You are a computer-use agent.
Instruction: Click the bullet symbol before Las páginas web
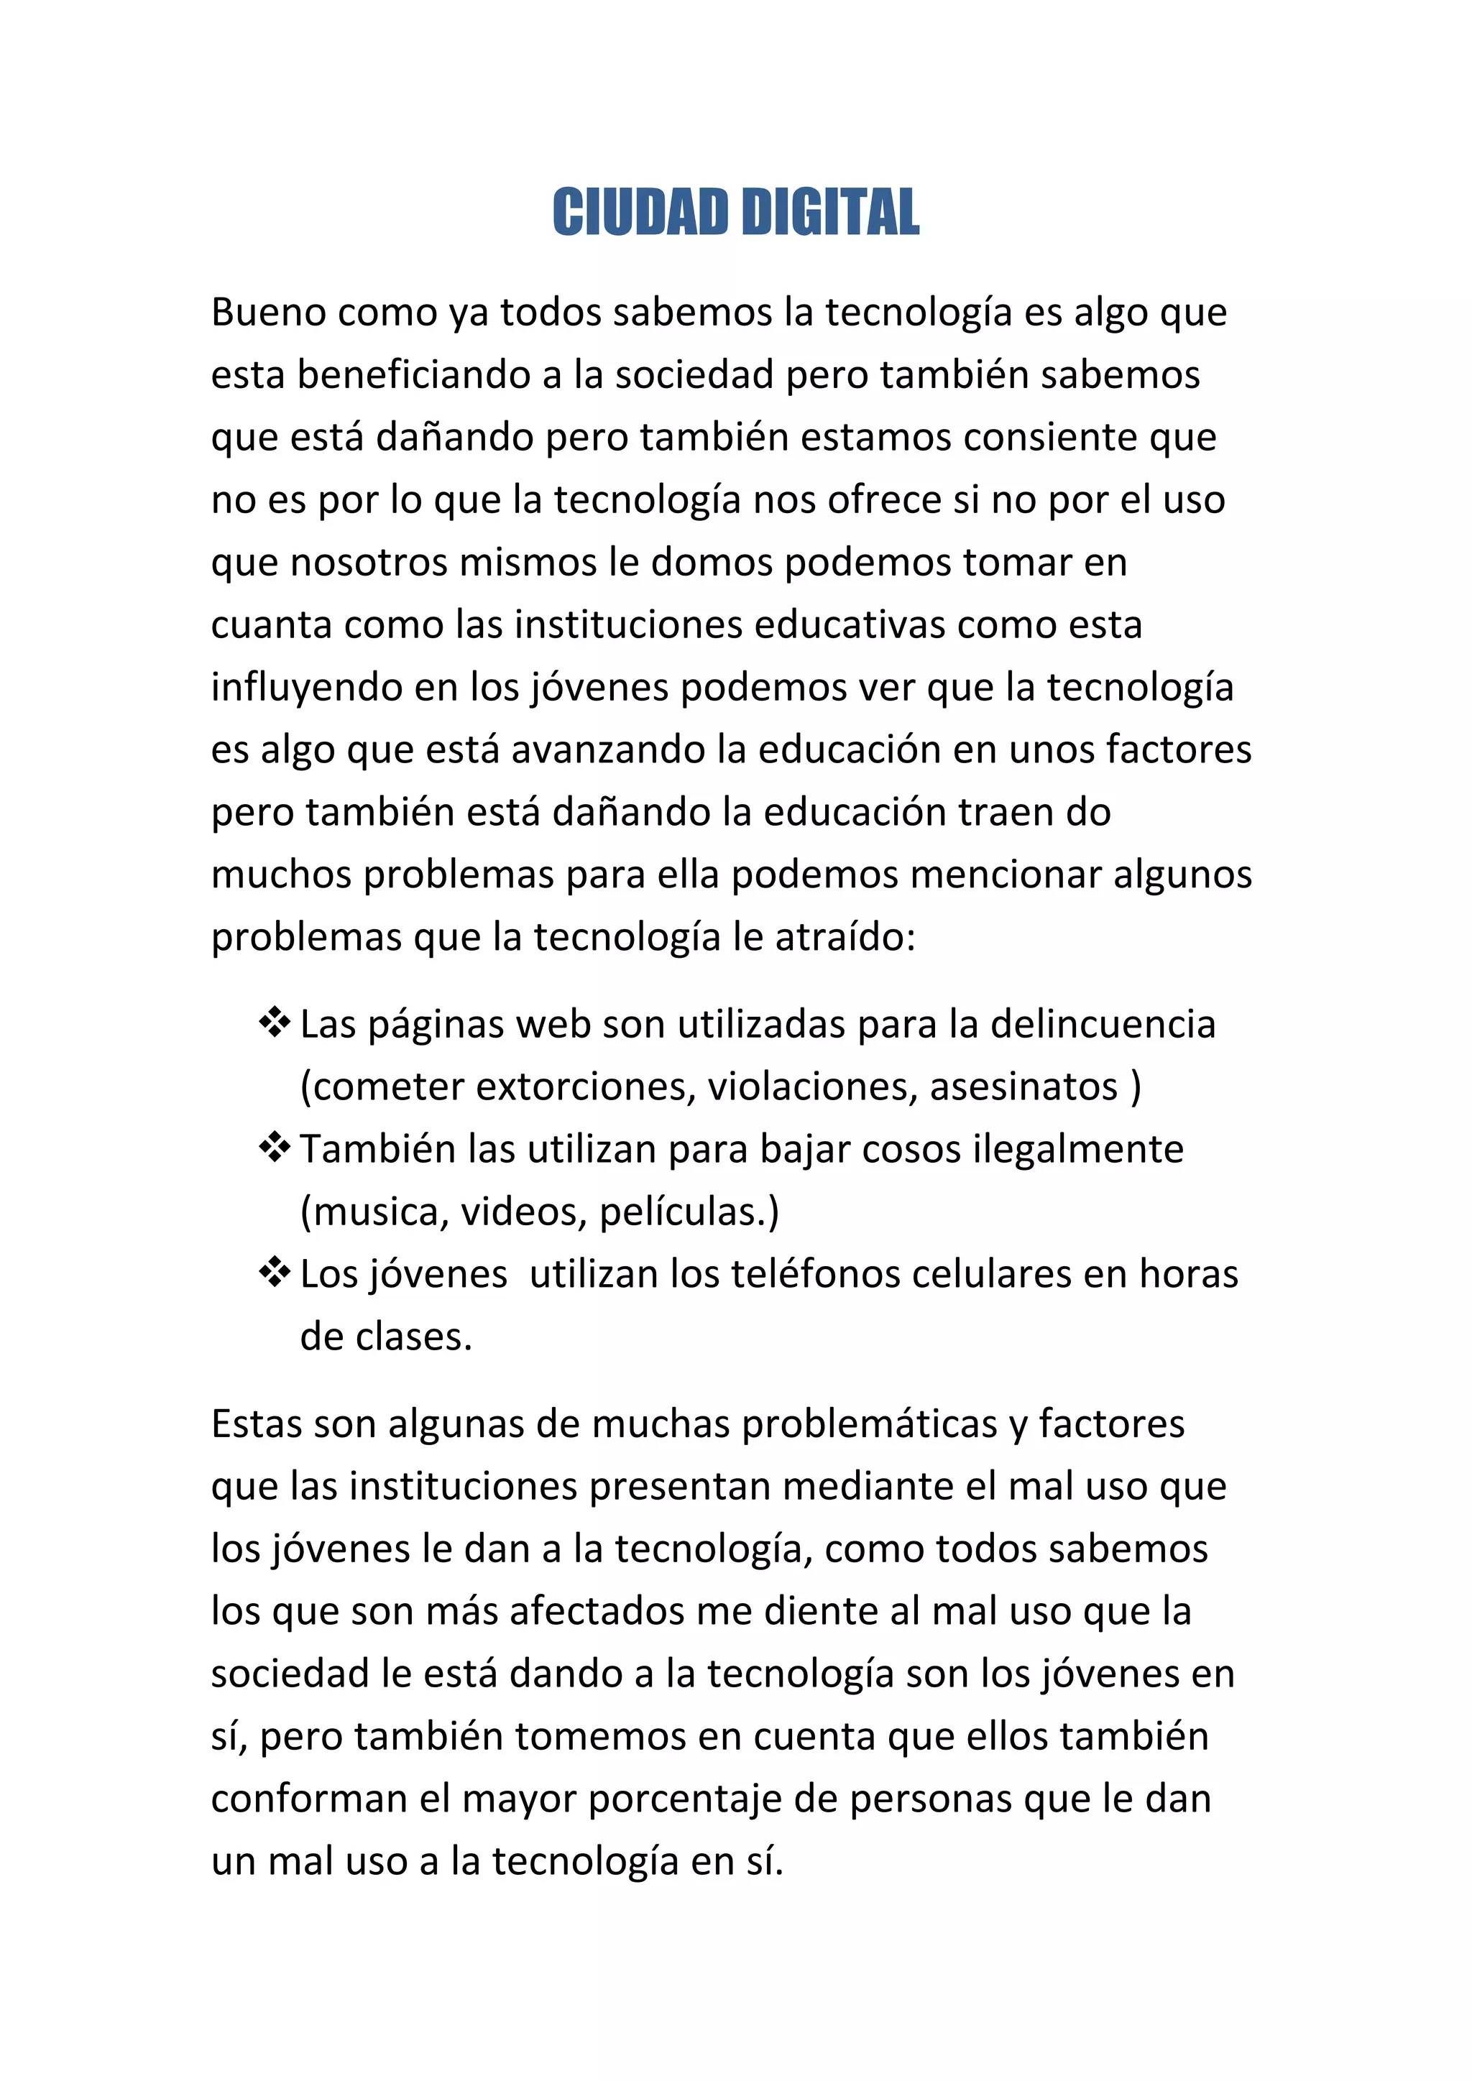[274, 1023]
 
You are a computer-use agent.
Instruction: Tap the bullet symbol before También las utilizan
[274, 1148]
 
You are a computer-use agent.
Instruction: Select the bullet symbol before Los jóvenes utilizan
[274, 1273]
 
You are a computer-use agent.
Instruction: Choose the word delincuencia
[1102, 1025]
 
